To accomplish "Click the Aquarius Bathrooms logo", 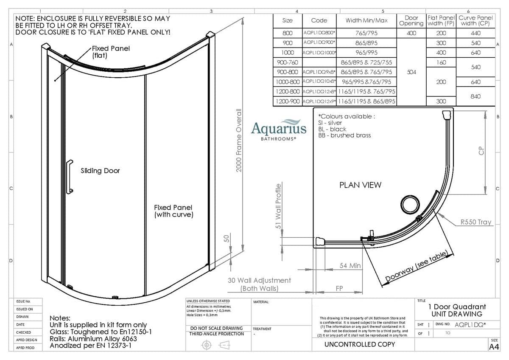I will click(x=278, y=129).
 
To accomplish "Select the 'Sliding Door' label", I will click(x=101, y=171).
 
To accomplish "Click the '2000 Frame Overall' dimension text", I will click(x=239, y=140).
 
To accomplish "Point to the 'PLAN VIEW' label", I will click(x=360, y=185).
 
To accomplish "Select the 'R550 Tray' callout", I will click(x=476, y=222).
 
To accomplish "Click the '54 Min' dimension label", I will click(x=350, y=266).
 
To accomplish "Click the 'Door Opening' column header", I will click(x=411, y=20).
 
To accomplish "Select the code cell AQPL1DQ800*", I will click(x=319, y=33).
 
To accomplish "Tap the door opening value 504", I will click(x=411, y=72).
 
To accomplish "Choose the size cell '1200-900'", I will click(x=287, y=101).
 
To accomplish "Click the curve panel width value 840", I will click(x=475, y=96).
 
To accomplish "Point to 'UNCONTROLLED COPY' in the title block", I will click(x=359, y=344).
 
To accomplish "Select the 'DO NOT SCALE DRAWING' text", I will click(x=216, y=328).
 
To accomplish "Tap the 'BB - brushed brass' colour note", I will click(x=344, y=135).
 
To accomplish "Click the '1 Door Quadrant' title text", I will click(x=457, y=307).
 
